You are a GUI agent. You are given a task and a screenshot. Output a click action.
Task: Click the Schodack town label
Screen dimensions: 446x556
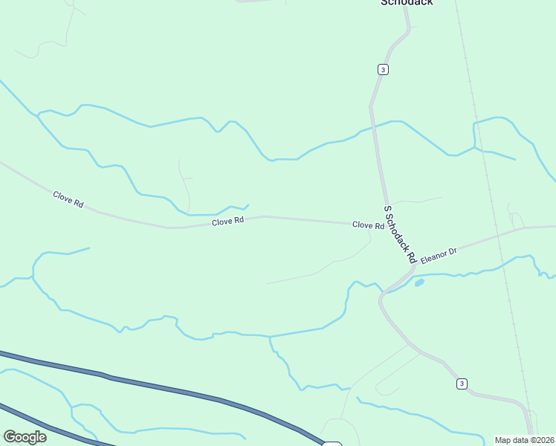pos(407,2)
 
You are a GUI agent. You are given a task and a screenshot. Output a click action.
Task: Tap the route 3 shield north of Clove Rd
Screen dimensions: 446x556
pos(382,69)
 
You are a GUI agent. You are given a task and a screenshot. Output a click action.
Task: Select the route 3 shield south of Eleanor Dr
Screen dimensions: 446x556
pos(462,384)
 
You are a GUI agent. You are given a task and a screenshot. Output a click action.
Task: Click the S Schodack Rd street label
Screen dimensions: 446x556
pos(399,234)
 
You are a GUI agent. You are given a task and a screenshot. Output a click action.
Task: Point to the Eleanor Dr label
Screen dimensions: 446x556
pos(438,256)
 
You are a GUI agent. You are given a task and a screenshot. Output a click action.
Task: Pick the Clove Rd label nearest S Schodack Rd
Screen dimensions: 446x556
pos(368,224)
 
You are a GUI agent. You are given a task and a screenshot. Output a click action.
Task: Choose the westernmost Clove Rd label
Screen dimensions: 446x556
pos(68,198)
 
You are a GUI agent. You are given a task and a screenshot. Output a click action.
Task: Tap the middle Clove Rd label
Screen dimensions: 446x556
pos(227,221)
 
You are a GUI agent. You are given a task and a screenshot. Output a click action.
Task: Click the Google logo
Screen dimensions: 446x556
pos(25,437)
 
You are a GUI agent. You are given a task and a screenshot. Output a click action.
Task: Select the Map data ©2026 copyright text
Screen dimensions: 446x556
pos(525,440)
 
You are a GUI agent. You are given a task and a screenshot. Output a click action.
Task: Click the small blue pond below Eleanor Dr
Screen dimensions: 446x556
pos(419,282)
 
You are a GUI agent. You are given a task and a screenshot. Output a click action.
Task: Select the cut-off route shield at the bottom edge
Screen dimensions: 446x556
pos(332,444)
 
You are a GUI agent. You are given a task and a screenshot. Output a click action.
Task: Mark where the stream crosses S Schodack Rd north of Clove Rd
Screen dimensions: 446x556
pos(374,128)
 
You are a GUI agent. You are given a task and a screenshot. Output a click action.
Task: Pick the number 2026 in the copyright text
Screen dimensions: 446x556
pos(545,440)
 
